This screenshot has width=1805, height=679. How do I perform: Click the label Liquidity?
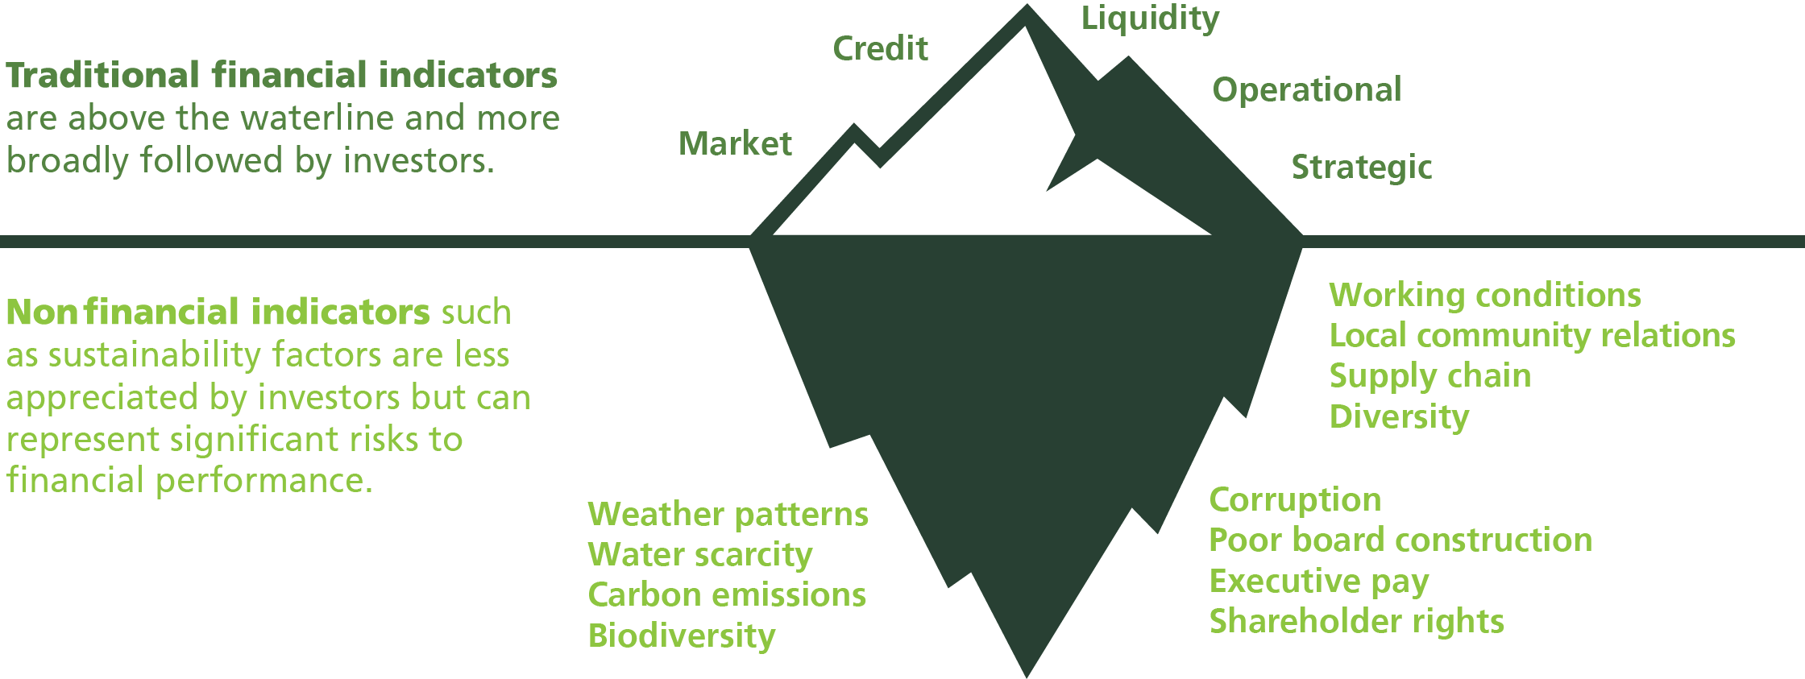[x=1150, y=19]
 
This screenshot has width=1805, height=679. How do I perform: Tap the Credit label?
[x=880, y=49]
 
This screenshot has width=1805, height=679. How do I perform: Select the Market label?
[x=735, y=143]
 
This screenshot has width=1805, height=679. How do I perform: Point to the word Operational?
[x=1306, y=89]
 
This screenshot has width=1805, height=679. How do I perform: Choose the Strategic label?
[x=1362, y=168]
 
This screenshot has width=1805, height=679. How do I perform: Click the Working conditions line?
[x=1484, y=296]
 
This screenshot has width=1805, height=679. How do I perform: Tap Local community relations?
[x=1532, y=335]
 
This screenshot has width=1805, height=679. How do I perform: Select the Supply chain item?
[x=1429, y=376]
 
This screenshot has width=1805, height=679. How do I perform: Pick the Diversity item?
[x=1399, y=417]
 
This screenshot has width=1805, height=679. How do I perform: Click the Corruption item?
[x=1295, y=499]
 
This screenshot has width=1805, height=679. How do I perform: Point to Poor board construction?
[x=1400, y=540]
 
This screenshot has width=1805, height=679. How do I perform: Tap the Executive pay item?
[x=1318, y=581]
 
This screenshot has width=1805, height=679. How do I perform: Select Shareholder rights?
[x=1356, y=621]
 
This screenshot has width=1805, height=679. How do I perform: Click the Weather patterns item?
[x=728, y=514]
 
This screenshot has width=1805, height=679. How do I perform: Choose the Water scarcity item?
[x=699, y=554]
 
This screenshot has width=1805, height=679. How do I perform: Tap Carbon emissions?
[x=727, y=594]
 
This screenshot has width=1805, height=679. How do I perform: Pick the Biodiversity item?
[x=681, y=636]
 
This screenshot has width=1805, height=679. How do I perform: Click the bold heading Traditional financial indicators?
[x=281, y=77]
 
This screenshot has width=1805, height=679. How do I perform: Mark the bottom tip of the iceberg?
[x=1027, y=673]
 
